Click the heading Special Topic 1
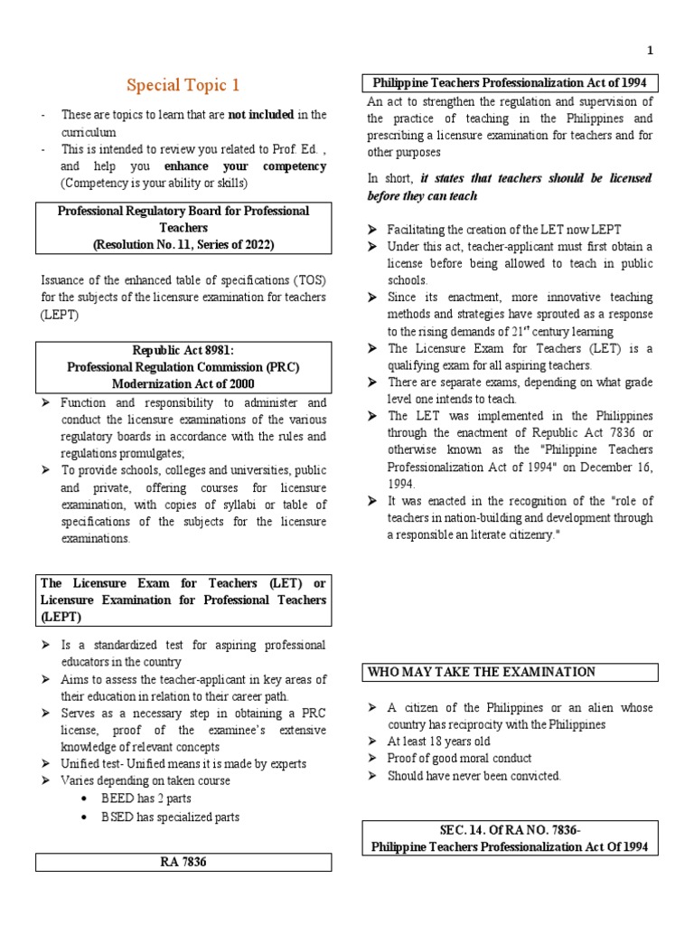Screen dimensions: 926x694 183,86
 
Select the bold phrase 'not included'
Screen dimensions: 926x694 260,115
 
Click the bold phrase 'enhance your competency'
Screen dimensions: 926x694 245,167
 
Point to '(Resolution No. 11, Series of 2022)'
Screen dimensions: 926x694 183,244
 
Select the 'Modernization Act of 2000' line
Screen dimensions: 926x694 183,383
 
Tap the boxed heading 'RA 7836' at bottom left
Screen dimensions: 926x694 183,862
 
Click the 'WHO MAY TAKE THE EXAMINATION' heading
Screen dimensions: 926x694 482,672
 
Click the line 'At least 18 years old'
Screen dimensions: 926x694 447,742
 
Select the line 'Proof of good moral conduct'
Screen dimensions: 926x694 459,759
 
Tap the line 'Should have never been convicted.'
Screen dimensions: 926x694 474,776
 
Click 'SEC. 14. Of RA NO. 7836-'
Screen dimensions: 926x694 511,830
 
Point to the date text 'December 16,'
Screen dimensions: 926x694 613,467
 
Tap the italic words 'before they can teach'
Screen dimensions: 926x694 422,195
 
